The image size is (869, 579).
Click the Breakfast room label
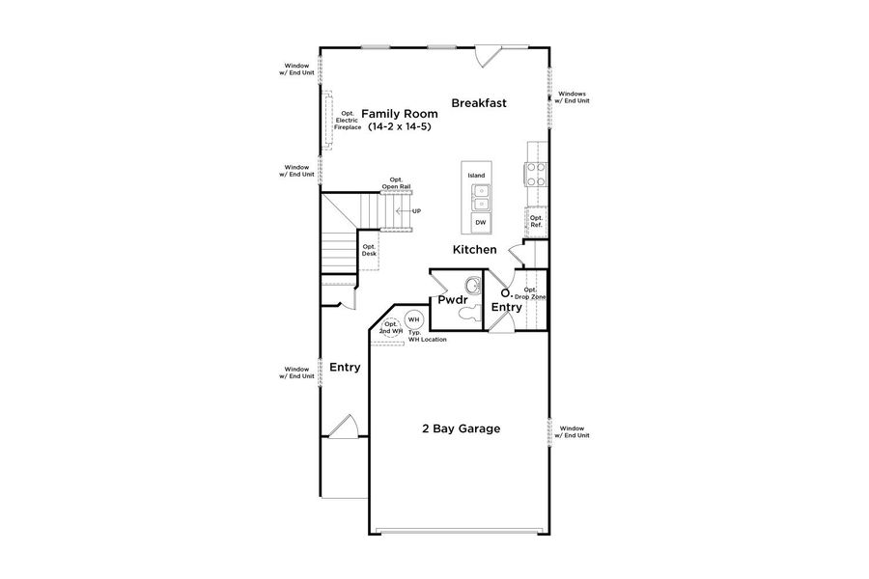[x=478, y=102]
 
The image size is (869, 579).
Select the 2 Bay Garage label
[x=461, y=428]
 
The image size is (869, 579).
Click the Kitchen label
[x=475, y=250]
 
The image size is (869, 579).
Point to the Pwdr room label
[x=452, y=300]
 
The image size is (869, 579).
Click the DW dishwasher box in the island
[x=480, y=223]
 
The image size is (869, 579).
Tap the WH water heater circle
[x=413, y=319]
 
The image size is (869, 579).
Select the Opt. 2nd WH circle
[x=391, y=327]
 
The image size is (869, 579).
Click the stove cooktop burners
[x=536, y=174]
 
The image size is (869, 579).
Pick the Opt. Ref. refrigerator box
[x=537, y=222]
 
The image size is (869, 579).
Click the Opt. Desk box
[x=369, y=250]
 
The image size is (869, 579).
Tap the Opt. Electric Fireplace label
[x=348, y=120]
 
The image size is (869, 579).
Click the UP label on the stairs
[x=416, y=210]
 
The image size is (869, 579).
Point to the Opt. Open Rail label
[x=396, y=182]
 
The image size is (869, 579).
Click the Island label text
[x=476, y=175]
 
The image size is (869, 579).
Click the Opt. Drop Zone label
[x=534, y=293]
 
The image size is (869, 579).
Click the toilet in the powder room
[x=464, y=312]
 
